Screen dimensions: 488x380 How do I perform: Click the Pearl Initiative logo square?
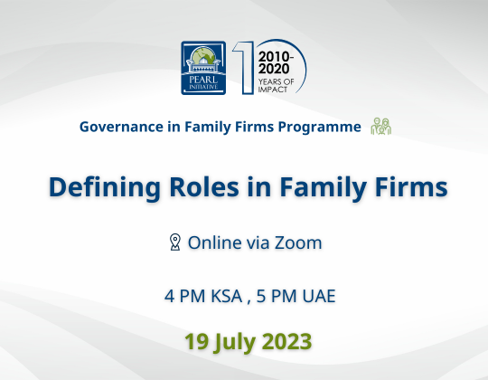pos(203,68)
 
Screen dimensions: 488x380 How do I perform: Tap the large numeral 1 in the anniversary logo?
pos(245,68)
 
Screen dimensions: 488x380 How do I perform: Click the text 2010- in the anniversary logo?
pos(276,57)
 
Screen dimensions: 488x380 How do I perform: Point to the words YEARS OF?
pos(276,81)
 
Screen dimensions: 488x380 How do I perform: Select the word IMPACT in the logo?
pos(273,90)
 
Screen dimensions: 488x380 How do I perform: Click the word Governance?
pos(121,127)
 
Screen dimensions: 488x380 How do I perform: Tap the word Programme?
pos(319,127)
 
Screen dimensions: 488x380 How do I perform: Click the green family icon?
pos(381,126)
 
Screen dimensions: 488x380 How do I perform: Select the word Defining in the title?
pos(105,187)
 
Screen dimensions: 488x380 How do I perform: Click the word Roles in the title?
pos(204,187)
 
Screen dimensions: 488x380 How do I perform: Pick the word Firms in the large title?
pos(411,187)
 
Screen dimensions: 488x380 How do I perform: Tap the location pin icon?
pos(175,242)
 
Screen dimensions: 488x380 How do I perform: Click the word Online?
pos(215,242)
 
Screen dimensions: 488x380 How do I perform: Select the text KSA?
pos(227,296)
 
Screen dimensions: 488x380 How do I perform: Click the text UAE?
pos(319,296)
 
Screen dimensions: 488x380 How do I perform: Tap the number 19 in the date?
pos(196,341)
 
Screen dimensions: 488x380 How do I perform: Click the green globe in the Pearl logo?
pos(203,55)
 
